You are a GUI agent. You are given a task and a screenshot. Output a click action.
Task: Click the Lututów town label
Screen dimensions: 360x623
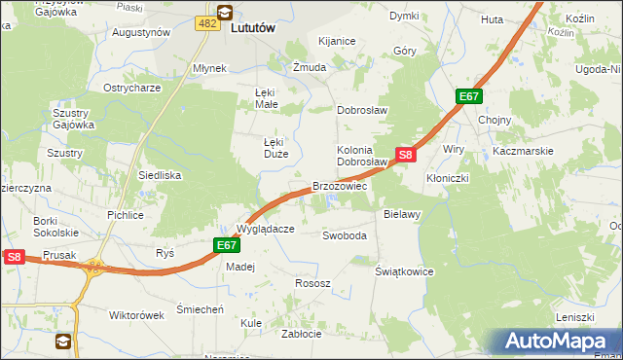254,29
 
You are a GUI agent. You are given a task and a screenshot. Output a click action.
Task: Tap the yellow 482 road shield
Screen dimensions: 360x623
205,22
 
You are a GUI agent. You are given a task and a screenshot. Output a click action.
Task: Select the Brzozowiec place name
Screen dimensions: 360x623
339,186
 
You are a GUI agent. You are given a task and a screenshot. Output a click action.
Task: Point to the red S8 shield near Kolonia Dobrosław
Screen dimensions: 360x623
407,155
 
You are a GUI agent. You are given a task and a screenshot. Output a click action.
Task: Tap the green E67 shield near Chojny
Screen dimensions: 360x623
469,96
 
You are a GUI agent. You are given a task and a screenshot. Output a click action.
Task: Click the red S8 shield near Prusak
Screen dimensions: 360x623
13,257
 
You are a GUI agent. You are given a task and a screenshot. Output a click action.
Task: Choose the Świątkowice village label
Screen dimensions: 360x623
404,271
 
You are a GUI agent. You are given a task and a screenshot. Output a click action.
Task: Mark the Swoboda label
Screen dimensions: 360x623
345,235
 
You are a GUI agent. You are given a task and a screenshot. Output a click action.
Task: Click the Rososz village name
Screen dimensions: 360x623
312,283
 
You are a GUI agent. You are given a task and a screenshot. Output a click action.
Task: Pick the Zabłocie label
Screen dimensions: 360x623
301,333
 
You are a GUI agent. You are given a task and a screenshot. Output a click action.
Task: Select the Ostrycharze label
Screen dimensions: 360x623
132,88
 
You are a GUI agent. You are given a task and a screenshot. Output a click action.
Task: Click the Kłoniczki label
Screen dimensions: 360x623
449,179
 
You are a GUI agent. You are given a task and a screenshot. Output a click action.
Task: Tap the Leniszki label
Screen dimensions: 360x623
574,318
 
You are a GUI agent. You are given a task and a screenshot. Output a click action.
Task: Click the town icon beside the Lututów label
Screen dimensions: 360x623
225,13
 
